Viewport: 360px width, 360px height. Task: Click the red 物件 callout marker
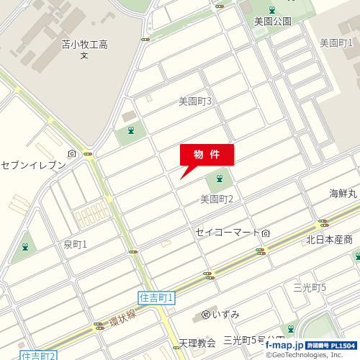pyautogui.click(x=206, y=154)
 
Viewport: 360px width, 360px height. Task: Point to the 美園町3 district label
pyautogui.click(x=194, y=102)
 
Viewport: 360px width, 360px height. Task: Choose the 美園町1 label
pyautogui.click(x=336, y=42)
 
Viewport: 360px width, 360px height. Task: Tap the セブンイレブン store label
pyautogui.click(x=33, y=165)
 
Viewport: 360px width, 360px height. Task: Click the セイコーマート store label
pyautogui.click(x=228, y=233)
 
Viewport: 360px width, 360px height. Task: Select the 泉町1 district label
pyautogui.click(x=75, y=245)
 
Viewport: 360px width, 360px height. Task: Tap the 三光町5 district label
pyautogui.click(x=310, y=287)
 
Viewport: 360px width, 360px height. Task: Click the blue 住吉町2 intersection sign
pyautogui.click(x=38, y=355)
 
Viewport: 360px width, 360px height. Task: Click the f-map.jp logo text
pyautogui.click(x=282, y=346)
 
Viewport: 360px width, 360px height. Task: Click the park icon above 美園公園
pyautogui.click(x=272, y=9)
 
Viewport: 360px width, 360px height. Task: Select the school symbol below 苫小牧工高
pyautogui.click(x=84, y=55)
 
